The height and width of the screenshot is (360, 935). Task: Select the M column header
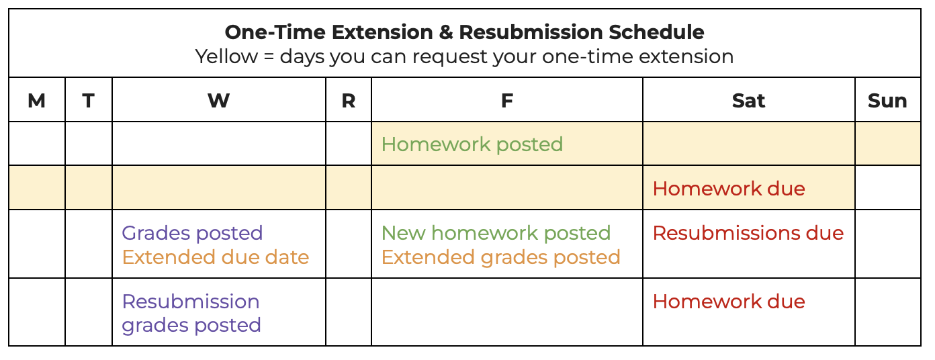(37, 101)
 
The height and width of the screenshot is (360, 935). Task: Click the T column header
(89, 101)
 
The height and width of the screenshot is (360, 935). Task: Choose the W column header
(218, 101)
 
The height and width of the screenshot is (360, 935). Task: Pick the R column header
(348, 101)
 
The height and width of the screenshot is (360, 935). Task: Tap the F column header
(506, 101)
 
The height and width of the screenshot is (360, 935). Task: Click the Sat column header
(748, 101)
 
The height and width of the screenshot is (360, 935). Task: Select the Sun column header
(887, 101)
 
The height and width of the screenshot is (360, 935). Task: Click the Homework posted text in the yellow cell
(472, 144)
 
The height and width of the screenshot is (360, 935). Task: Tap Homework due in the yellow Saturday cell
(729, 189)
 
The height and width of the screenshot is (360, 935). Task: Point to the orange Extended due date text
(216, 257)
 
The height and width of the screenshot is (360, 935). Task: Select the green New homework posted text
(496, 233)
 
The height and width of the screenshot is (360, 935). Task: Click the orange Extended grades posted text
(500, 257)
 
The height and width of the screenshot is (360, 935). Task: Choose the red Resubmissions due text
(748, 233)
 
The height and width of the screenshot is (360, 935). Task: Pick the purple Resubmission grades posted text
(191, 314)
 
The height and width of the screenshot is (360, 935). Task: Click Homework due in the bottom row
(729, 302)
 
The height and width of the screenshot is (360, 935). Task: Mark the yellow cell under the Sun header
(887, 144)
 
